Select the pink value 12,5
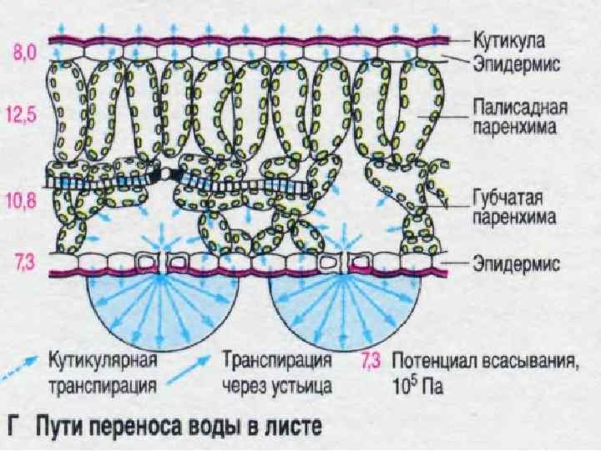pos(26,115)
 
